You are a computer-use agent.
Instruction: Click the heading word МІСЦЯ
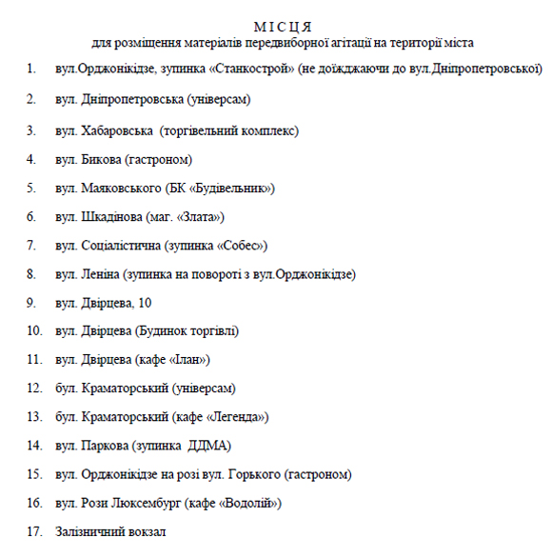(x=283, y=26)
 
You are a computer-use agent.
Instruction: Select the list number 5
(x=31, y=188)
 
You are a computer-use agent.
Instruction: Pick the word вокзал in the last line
(x=146, y=531)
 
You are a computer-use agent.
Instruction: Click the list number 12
(x=33, y=389)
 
